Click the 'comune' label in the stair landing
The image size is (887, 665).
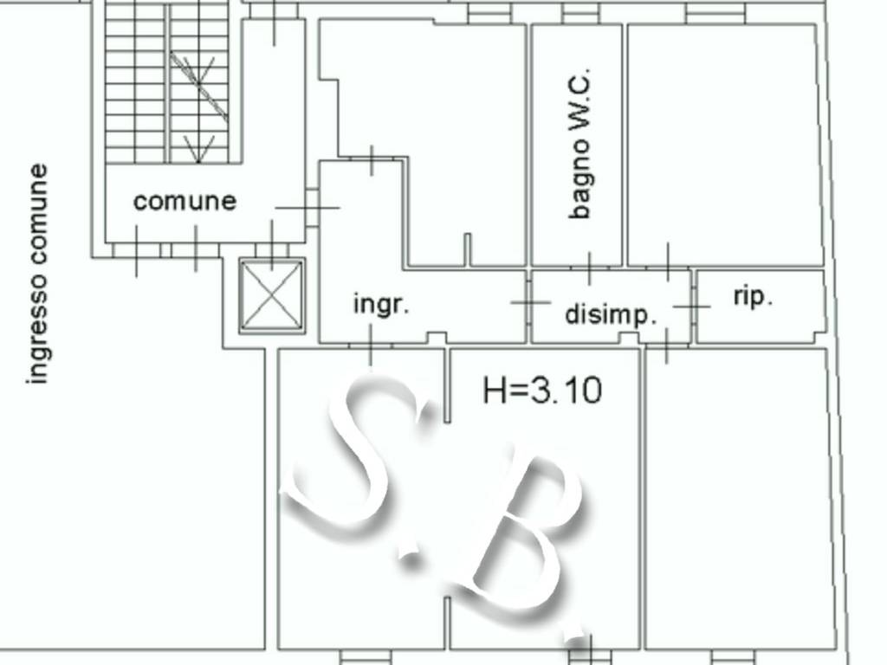click(185, 201)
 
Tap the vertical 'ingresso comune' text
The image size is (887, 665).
click(37, 274)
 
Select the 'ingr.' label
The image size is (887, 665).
click(381, 304)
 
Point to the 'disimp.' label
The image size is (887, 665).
click(611, 314)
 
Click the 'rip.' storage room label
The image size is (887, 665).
click(753, 296)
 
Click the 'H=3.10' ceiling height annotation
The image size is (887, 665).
click(542, 391)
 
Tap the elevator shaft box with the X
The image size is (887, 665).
click(271, 296)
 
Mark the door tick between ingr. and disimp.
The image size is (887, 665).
click(530, 302)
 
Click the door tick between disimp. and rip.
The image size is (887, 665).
click(692, 307)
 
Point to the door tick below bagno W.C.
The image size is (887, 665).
click(589, 268)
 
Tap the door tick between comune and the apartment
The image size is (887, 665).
click(308, 208)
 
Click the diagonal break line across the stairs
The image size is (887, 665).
click(199, 86)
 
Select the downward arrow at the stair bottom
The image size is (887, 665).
click(198, 148)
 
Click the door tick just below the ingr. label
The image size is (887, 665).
click(371, 344)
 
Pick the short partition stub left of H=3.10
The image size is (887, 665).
click(448, 385)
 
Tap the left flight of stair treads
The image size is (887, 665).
click(134, 85)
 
